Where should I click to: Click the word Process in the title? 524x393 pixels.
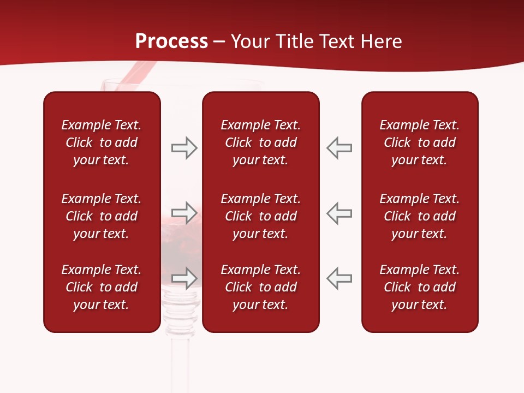[171, 41]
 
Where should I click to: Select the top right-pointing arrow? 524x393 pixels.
[184, 148]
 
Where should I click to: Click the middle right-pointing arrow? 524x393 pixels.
[184, 213]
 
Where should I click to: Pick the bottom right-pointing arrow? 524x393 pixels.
[184, 278]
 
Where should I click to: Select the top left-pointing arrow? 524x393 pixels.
[339, 148]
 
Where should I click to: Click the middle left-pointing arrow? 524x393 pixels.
[339, 213]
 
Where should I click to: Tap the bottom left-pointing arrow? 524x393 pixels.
[339, 278]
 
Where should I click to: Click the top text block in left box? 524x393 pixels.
[102, 142]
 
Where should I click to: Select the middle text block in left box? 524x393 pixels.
[102, 216]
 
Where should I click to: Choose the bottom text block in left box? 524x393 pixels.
[102, 287]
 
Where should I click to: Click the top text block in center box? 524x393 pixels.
[260, 142]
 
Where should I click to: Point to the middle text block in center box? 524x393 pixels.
[260, 216]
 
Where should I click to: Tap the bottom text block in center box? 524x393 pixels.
[260, 287]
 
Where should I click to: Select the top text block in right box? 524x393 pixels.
[419, 142]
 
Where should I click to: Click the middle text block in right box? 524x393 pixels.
[419, 216]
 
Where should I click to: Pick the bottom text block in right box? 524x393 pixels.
[419, 287]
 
